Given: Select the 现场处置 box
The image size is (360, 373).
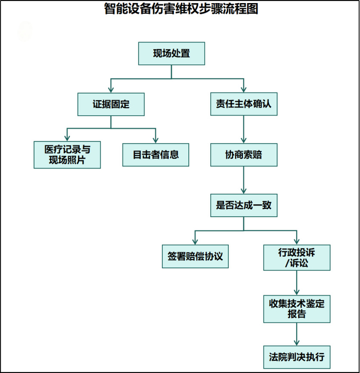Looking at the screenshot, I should point(172,54).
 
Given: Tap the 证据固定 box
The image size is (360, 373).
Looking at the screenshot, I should point(111,104).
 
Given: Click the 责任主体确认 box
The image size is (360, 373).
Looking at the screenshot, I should point(244,104).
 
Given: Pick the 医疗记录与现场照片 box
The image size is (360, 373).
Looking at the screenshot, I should point(67,155).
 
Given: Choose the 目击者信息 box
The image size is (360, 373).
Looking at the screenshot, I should point(156,155).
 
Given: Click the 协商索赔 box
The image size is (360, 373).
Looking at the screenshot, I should point(244,155).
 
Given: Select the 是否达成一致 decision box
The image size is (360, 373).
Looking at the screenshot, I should point(244,205).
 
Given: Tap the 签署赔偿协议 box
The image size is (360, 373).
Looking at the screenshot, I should point(195,256).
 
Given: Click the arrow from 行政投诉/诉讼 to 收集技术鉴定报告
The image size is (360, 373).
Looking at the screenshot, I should point(297,283).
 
